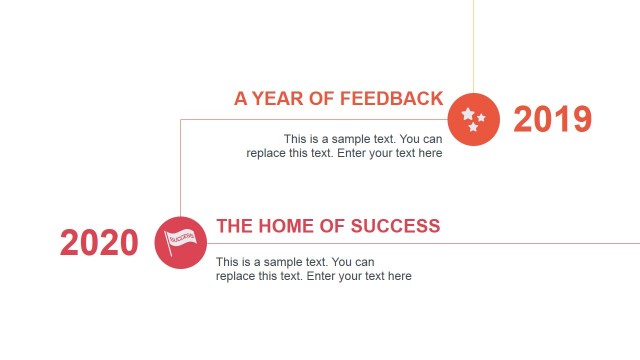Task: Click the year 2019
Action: (x=552, y=119)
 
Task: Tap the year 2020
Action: (x=99, y=242)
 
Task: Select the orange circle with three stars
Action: (x=473, y=118)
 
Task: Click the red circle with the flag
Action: (x=181, y=242)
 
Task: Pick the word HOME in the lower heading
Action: (x=282, y=226)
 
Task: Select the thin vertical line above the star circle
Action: (x=473, y=45)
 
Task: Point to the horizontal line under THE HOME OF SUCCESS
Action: (x=500, y=243)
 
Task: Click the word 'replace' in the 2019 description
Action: (x=266, y=153)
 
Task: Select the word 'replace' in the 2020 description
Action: (x=236, y=276)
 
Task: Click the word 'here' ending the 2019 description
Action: (x=430, y=153)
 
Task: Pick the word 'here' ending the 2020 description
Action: (x=399, y=276)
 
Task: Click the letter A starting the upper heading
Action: (x=241, y=98)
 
